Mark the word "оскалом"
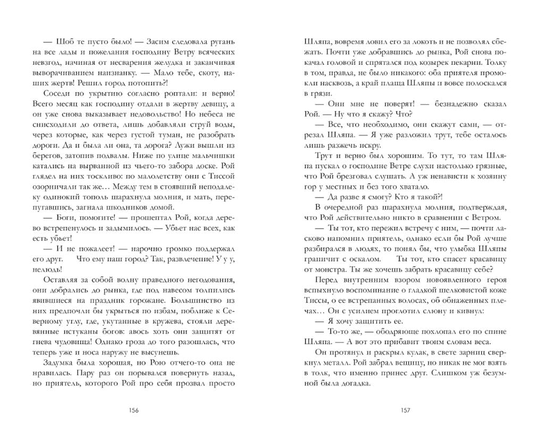click(366, 258)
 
